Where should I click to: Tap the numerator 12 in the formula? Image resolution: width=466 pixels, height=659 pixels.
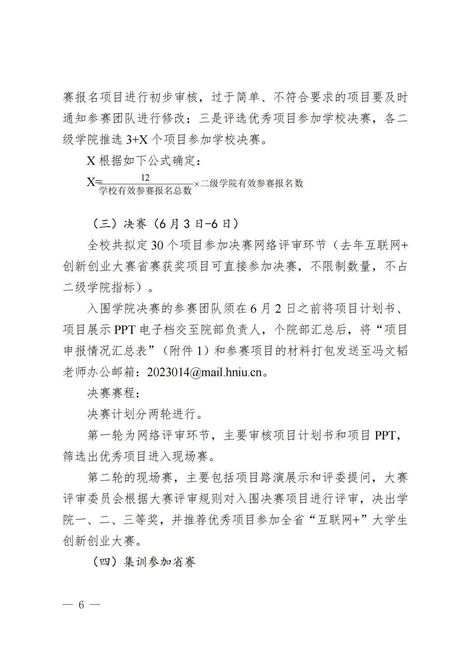(146, 177)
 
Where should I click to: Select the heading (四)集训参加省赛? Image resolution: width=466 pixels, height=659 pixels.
(144, 562)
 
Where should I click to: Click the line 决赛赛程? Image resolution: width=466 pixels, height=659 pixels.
(111, 392)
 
